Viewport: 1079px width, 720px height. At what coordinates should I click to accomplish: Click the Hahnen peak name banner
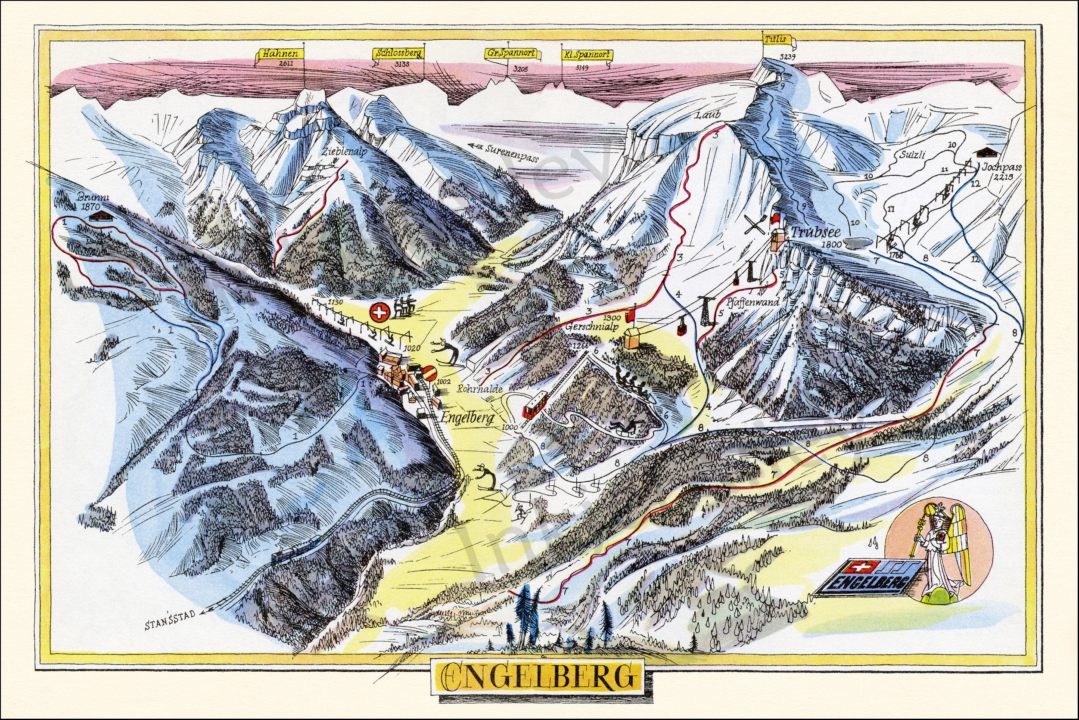(281, 54)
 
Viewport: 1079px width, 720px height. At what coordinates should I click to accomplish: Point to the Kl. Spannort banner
(586, 55)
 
